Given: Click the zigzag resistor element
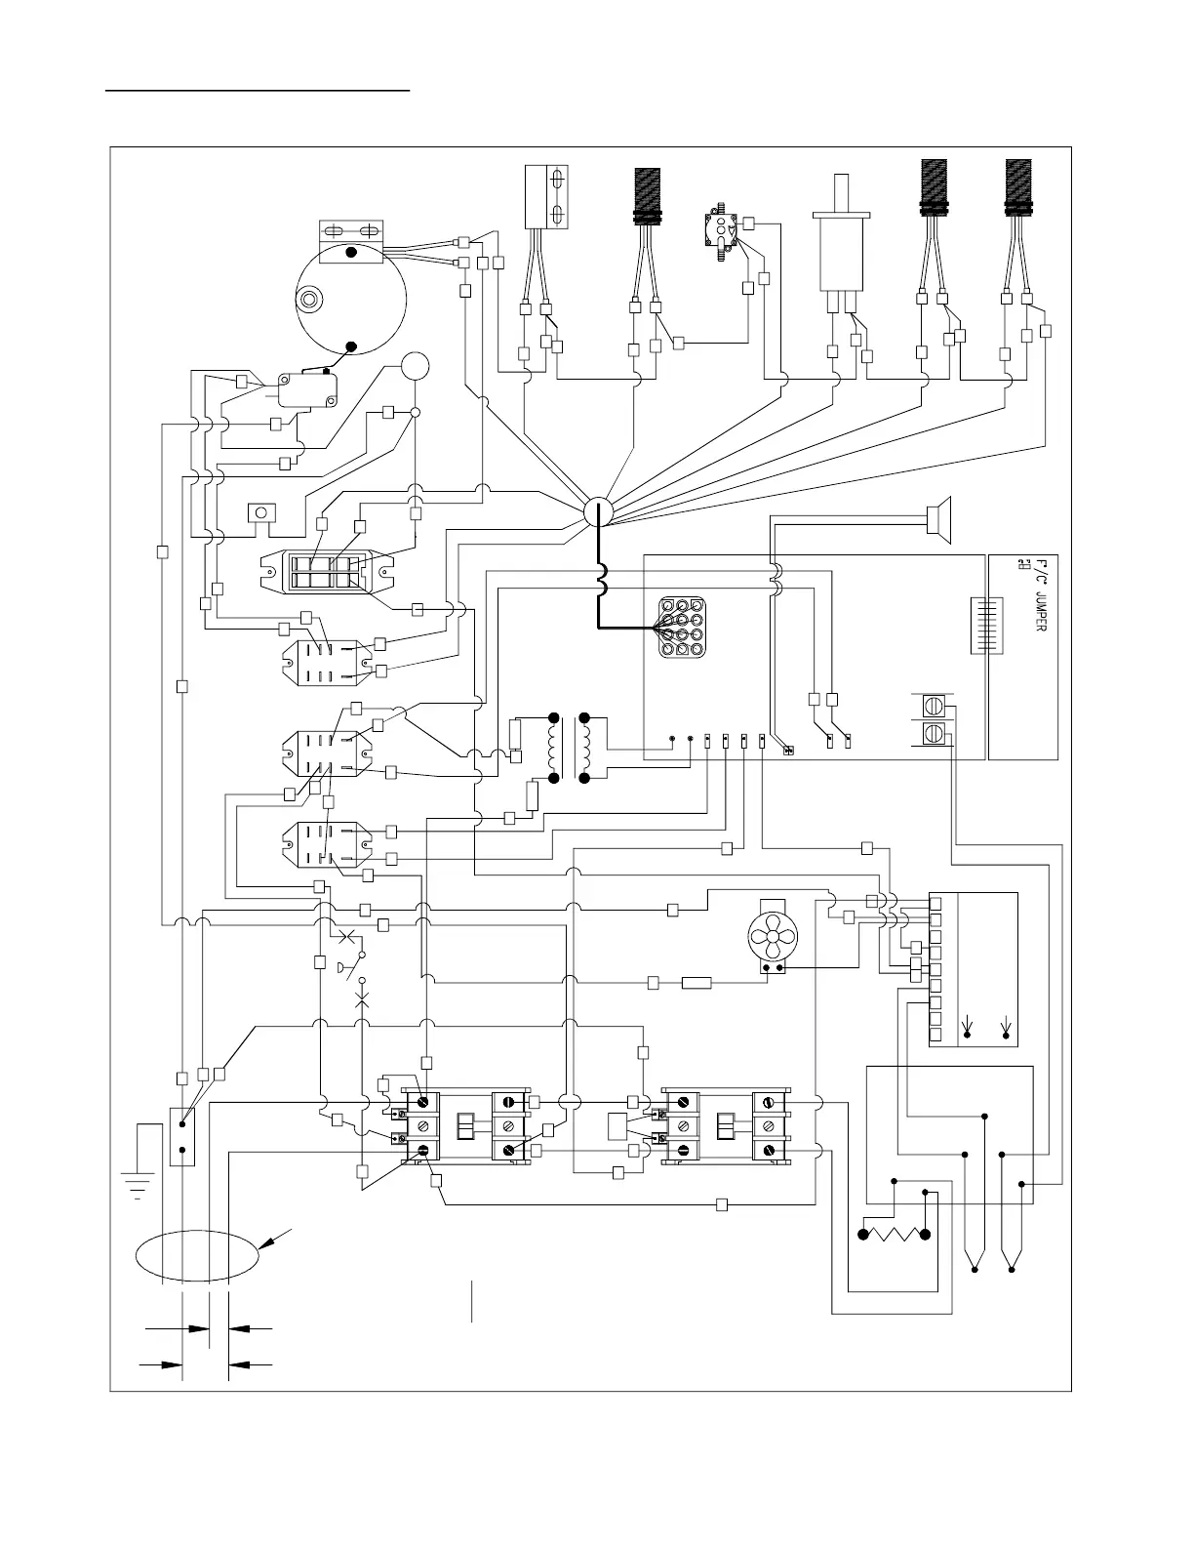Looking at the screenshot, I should (894, 1234).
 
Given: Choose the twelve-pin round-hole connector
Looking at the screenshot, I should (684, 627).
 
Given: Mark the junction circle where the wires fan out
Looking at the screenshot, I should (597, 511).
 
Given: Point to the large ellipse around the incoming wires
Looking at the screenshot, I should (198, 1255).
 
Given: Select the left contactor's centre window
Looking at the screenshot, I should (466, 1126).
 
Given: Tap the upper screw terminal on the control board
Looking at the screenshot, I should (934, 706).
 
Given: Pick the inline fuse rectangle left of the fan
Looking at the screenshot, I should (696, 982).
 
